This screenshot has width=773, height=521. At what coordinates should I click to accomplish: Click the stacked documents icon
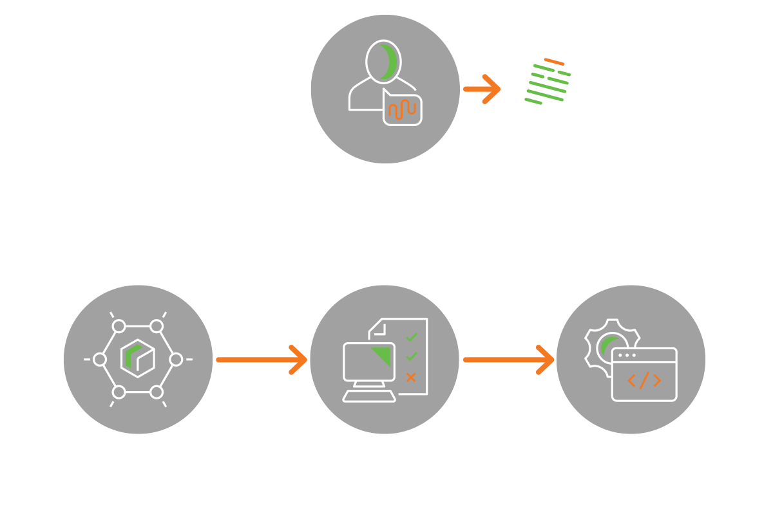pos(551,90)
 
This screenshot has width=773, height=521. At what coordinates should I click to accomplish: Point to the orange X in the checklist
pos(411,377)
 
